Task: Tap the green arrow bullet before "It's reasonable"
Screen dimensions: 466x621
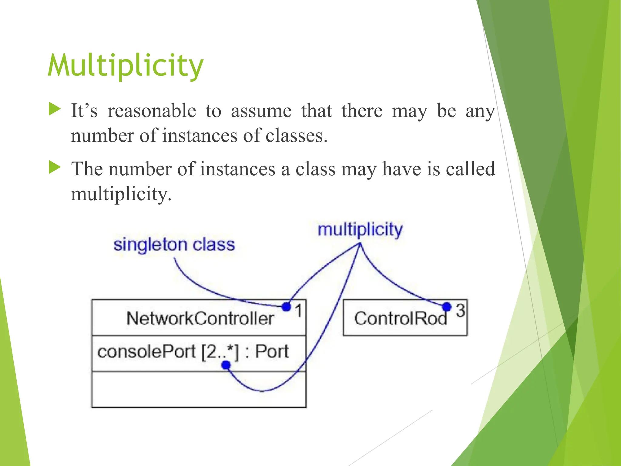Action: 55,109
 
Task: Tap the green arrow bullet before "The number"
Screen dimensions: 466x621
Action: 55,167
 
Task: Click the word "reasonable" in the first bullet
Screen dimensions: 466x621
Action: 152,111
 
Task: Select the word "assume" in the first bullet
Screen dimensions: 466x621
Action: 261,111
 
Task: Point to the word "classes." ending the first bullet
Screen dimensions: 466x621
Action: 297,136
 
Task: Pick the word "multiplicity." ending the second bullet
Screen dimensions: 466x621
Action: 121,194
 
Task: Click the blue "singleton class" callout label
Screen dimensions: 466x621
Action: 174,245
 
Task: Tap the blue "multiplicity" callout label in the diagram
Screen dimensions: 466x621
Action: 360,230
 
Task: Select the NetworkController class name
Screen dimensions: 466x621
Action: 200,319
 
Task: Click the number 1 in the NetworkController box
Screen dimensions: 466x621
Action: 299,311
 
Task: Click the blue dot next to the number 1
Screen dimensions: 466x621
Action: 286,307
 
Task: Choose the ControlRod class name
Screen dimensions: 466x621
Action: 400,319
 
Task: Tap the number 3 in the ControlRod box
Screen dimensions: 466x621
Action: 460,310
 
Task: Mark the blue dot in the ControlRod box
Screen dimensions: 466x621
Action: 447,307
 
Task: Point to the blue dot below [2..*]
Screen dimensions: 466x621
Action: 226,365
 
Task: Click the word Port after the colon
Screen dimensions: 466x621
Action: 272,352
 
